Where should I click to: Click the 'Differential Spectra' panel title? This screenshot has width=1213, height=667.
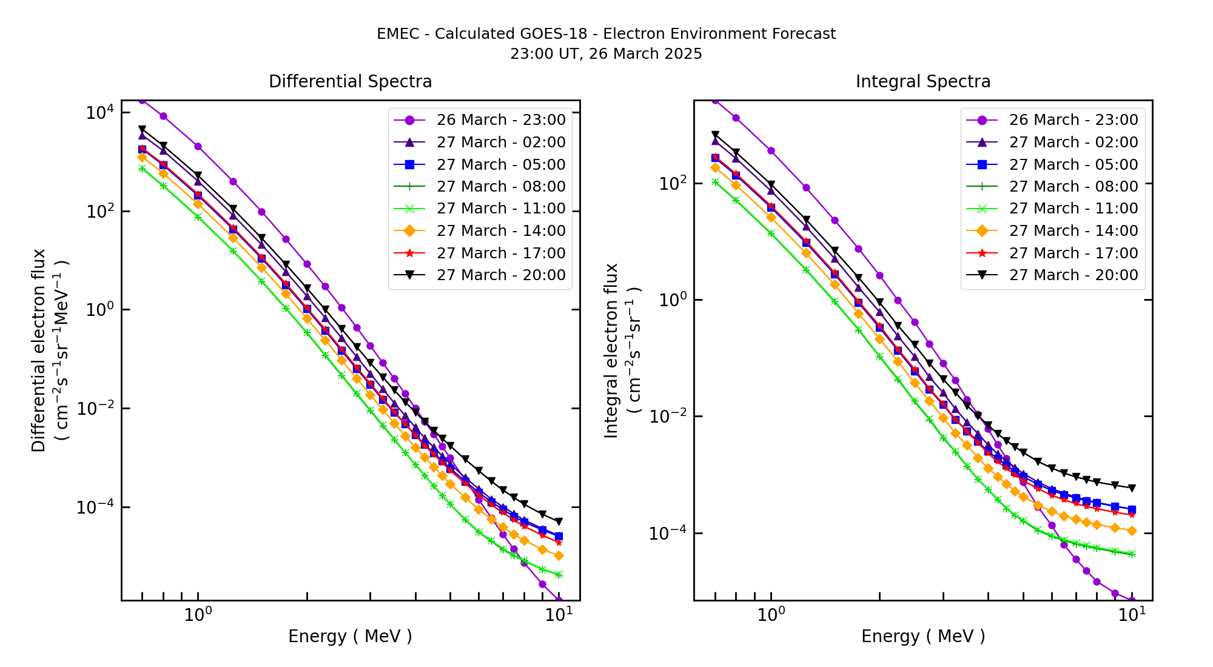tap(350, 81)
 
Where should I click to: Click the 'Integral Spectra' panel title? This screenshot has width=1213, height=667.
tap(922, 81)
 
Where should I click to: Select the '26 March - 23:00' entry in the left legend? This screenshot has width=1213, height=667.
tap(500, 120)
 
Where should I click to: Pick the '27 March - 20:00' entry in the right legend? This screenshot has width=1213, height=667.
tap(1073, 275)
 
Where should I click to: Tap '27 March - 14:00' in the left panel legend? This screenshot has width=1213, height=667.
tap(500, 231)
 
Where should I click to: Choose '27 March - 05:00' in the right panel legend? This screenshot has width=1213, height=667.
tap(1073, 164)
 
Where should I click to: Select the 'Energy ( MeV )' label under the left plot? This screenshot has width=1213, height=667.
tap(350, 636)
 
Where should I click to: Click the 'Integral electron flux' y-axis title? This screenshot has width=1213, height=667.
tap(611, 350)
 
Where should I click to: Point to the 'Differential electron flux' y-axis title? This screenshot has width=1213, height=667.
tap(39, 350)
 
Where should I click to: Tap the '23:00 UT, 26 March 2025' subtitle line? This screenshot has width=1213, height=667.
tap(606, 54)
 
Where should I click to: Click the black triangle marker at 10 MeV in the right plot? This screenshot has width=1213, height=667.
tap(1132, 488)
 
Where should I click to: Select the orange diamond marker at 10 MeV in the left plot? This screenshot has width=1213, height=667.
tap(559, 555)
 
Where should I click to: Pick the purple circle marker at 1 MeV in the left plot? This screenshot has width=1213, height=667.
tap(198, 146)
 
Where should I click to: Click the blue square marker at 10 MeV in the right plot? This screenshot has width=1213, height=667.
tap(1132, 509)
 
